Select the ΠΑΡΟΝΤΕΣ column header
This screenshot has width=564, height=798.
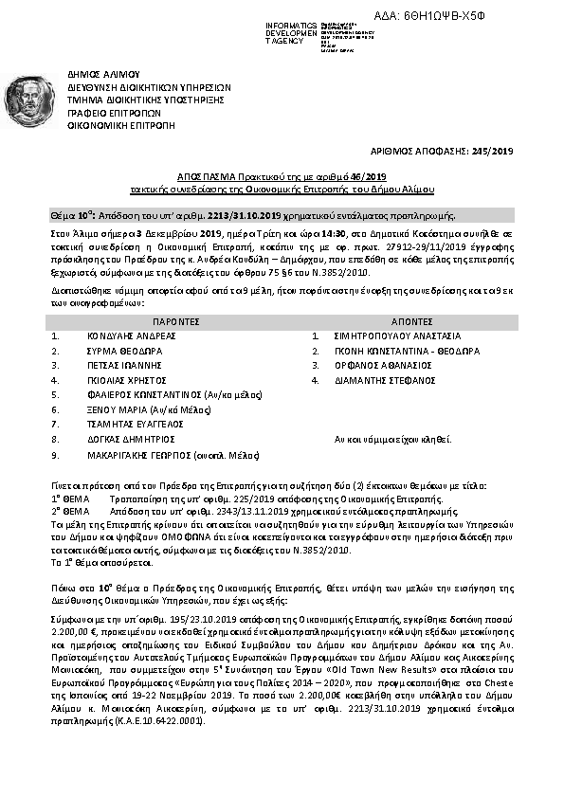point(179,322)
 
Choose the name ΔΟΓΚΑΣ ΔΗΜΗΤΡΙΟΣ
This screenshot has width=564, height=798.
point(125,440)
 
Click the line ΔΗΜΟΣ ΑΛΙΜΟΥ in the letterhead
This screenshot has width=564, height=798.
point(103,73)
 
